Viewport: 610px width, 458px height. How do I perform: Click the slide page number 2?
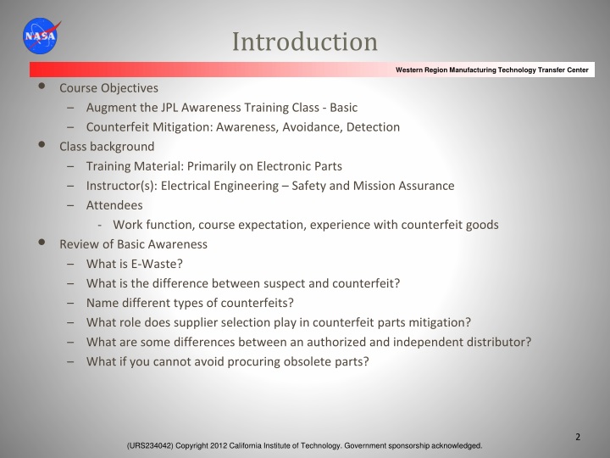pos(578,437)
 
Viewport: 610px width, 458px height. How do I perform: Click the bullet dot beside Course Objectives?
pos(42,87)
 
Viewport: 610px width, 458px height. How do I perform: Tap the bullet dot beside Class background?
pos(42,146)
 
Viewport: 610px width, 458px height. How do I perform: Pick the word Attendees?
pos(114,205)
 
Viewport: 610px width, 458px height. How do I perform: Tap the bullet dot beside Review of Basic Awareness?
pos(42,243)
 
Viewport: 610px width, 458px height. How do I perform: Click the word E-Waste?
pos(158,264)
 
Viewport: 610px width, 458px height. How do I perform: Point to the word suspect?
pos(301,283)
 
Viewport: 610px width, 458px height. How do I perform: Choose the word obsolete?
pos(301,361)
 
